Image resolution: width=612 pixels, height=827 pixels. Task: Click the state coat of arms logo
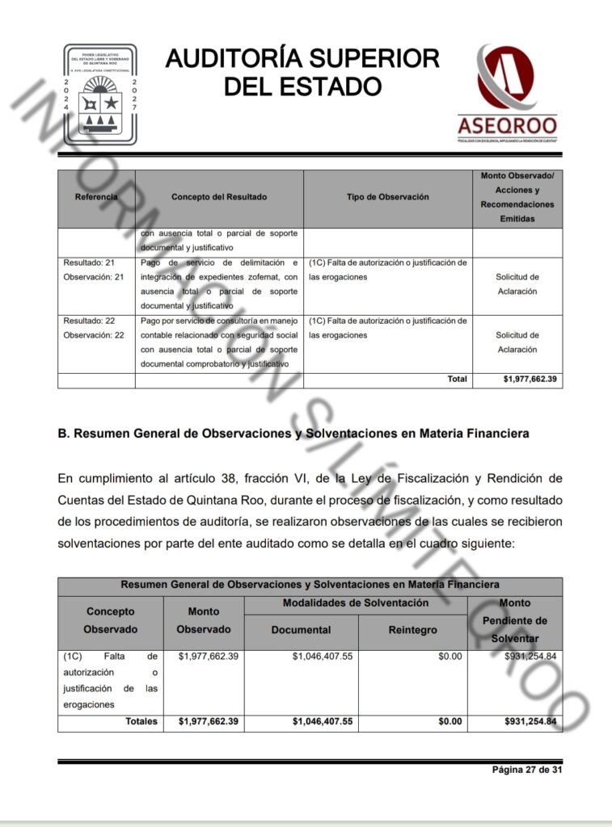[x=100, y=94]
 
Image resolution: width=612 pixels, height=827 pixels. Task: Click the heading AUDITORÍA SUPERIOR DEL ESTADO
[x=302, y=72]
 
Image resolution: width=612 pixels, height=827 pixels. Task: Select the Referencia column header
[x=96, y=197]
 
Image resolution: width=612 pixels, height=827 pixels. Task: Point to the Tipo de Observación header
[x=388, y=197]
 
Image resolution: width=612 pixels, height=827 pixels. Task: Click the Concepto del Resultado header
[x=219, y=197]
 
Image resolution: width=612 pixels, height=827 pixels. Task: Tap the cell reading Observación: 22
[x=94, y=335]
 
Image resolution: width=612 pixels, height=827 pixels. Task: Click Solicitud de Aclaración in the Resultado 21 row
[x=517, y=284]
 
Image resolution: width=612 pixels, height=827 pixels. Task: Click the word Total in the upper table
[x=457, y=379]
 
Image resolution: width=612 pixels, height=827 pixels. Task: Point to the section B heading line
[x=293, y=434]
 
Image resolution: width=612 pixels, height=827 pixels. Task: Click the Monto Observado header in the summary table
[x=204, y=620]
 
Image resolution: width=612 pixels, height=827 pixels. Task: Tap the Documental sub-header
[x=301, y=630]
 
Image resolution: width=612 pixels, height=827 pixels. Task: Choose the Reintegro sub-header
[x=412, y=630]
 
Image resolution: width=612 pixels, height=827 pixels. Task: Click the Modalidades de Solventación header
[x=356, y=603]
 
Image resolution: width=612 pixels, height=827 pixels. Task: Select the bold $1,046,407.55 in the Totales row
[x=323, y=721]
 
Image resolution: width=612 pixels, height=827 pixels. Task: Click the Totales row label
[x=141, y=721]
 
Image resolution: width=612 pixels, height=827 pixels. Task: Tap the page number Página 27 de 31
[x=527, y=770]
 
